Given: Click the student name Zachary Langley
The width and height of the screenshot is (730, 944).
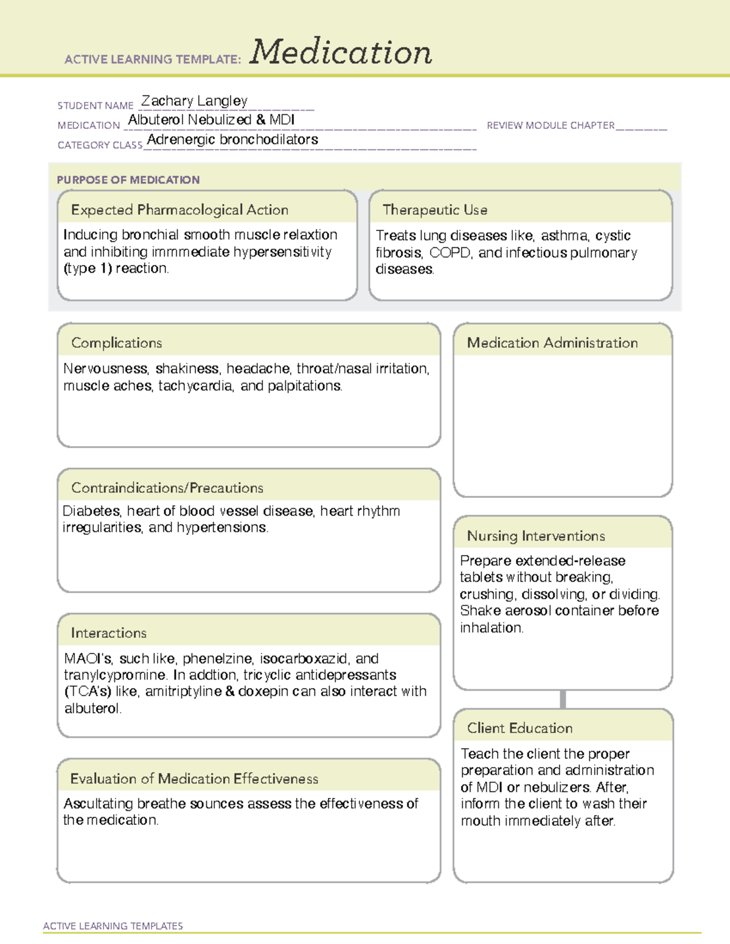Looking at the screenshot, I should pyautogui.click(x=194, y=101).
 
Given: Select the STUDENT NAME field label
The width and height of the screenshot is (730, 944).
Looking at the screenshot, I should pyautogui.click(x=96, y=106).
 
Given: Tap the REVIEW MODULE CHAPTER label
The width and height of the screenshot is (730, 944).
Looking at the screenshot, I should pyautogui.click(x=551, y=125).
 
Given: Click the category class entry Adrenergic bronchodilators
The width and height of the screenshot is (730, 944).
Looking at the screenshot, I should pyautogui.click(x=232, y=140).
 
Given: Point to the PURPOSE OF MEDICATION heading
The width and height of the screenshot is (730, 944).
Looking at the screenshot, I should pyautogui.click(x=128, y=180).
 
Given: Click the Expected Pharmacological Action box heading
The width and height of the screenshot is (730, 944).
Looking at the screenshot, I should pyautogui.click(x=179, y=210).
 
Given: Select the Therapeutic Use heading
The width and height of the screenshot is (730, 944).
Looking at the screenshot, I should pyautogui.click(x=435, y=210).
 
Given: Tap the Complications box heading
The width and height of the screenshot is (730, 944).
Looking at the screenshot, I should pyautogui.click(x=117, y=343).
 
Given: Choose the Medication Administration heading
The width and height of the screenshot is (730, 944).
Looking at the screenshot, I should pyautogui.click(x=552, y=343).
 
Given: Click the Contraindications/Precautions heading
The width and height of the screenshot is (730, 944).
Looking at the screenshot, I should pyautogui.click(x=167, y=488).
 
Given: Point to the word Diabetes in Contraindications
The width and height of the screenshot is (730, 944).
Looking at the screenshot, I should pyautogui.click(x=91, y=511).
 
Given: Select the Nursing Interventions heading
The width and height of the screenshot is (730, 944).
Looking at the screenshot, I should pyautogui.click(x=536, y=536).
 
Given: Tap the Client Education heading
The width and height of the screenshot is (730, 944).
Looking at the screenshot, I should pyautogui.click(x=520, y=728).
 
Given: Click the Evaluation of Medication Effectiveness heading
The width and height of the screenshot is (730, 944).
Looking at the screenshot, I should pyautogui.click(x=194, y=779).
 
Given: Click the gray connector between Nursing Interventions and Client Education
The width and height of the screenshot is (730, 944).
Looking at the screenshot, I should pyautogui.click(x=563, y=699).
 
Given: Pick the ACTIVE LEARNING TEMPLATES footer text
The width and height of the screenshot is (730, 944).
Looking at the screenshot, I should pyautogui.click(x=113, y=926).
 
